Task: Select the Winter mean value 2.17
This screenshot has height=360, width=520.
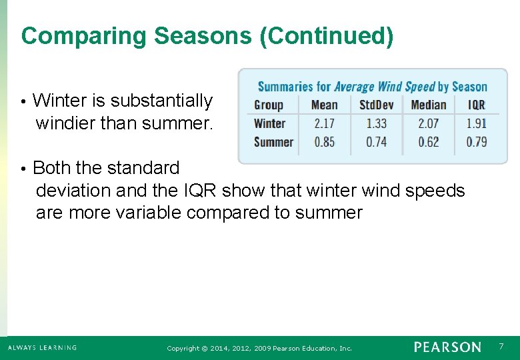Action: [324, 123]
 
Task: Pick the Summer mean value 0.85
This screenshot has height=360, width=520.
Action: [324, 141]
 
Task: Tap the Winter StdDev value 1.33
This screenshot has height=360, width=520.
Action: [376, 123]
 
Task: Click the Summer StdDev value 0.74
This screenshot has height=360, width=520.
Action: [376, 141]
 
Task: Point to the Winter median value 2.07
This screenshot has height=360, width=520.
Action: [429, 123]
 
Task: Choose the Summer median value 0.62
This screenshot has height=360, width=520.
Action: [429, 141]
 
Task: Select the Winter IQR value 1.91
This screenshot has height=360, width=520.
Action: [477, 123]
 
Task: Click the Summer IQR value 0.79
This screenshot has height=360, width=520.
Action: [477, 141]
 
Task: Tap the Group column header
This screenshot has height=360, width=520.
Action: [269, 105]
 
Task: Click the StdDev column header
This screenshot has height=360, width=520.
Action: [376, 105]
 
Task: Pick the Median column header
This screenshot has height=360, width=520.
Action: [429, 105]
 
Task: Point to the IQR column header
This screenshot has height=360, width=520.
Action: [477, 105]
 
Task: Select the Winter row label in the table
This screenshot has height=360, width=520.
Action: [270, 123]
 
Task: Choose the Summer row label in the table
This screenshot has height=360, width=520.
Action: [273, 141]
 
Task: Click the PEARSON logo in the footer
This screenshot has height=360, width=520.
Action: [447, 347]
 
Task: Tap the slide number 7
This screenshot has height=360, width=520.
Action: [501, 346]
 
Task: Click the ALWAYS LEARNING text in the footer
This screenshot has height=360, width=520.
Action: [42, 347]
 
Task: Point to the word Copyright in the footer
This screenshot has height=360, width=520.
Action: [183, 348]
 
